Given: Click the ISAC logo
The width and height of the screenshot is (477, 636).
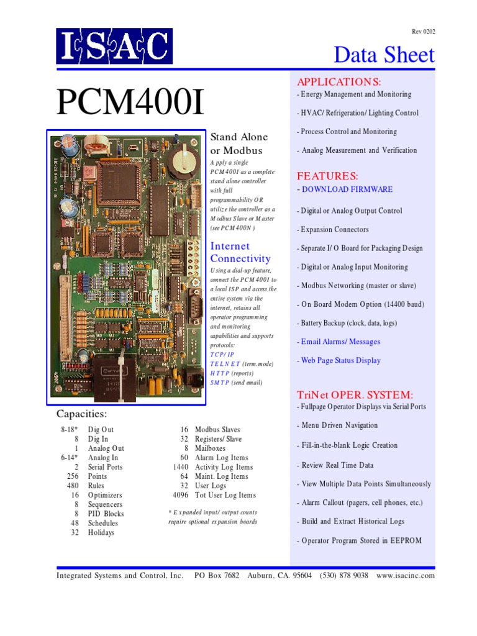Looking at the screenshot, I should [115, 46].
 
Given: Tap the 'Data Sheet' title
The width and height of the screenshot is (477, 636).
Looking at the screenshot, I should [384, 55].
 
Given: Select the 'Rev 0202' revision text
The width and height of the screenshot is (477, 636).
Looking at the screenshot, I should [423, 31].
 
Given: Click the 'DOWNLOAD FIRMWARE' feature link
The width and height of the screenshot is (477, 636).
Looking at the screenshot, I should [347, 189].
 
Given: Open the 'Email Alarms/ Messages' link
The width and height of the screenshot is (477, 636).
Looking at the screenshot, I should [340, 342].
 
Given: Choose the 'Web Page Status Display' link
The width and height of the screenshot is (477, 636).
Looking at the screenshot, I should [341, 360].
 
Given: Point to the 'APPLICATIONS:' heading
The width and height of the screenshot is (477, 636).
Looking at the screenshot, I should [338, 82].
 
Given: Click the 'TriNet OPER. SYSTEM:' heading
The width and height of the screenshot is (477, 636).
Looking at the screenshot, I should [355, 395].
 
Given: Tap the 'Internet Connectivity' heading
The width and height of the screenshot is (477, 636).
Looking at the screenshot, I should [240, 252].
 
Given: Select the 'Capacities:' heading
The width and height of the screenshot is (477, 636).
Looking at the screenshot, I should [81, 414].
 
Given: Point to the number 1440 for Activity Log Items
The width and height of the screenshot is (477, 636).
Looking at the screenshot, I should [180, 467].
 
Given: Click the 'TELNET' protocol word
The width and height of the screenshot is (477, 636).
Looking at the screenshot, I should [225, 363].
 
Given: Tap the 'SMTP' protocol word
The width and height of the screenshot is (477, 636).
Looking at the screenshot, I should [220, 383].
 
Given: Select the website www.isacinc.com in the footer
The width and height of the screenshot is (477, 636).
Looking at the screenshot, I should [405, 576].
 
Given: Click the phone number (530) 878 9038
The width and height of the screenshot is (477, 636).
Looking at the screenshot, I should [344, 576].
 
